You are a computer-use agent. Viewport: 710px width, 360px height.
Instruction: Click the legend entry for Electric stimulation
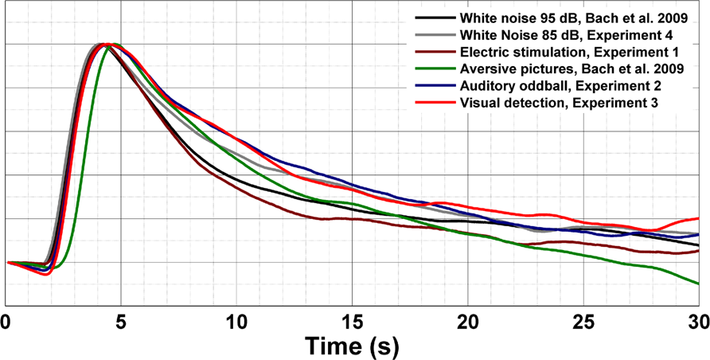point(563,53)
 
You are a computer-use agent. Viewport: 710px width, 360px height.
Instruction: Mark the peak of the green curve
point(115,44)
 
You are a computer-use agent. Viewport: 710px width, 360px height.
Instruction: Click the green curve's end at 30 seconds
point(698,283)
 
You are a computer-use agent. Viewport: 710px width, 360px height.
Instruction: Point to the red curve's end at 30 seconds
point(698,218)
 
